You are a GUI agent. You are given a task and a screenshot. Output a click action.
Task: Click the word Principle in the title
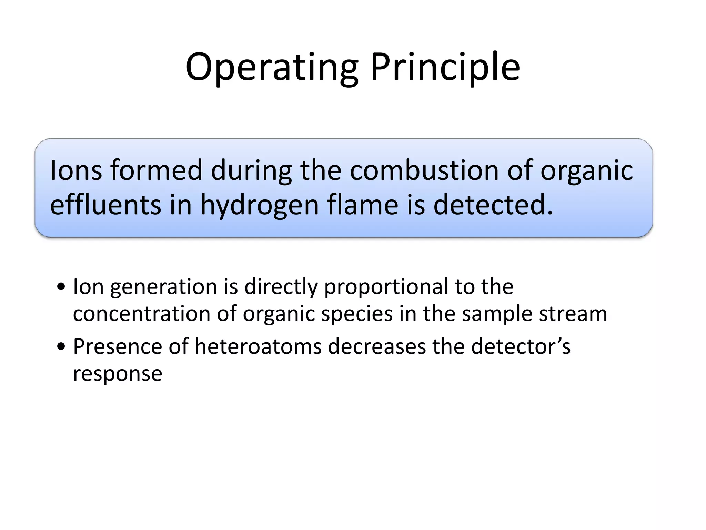click(445, 67)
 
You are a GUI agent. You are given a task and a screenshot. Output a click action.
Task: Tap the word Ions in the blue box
click(76, 170)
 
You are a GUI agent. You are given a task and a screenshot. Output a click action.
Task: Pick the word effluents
click(105, 204)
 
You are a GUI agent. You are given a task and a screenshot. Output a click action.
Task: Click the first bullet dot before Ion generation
click(61, 287)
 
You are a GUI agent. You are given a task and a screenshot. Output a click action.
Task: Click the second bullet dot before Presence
click(61, 347)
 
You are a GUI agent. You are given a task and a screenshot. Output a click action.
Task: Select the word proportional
click(386, 287)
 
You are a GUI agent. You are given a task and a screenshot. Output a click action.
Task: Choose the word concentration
click(142, 314)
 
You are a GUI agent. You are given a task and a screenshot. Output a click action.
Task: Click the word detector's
click(521, 346)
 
